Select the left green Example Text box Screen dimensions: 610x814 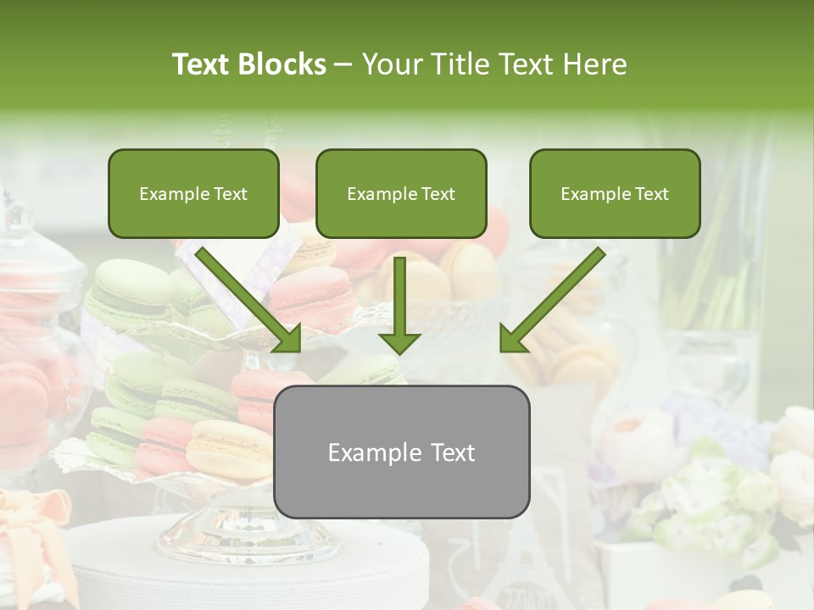pyautogui.click(x=193, y=194)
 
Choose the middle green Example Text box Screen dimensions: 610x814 pyautogui.click(x=401, y=194)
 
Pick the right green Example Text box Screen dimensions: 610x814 pyautogui.click(x=615, y=194)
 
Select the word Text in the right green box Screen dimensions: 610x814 pyautogui.click(x=651, y=194)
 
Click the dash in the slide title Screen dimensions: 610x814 pyautogui.click(x=343, y=64)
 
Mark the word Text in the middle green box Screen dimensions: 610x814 pyautogui.click(x=438, y=194)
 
